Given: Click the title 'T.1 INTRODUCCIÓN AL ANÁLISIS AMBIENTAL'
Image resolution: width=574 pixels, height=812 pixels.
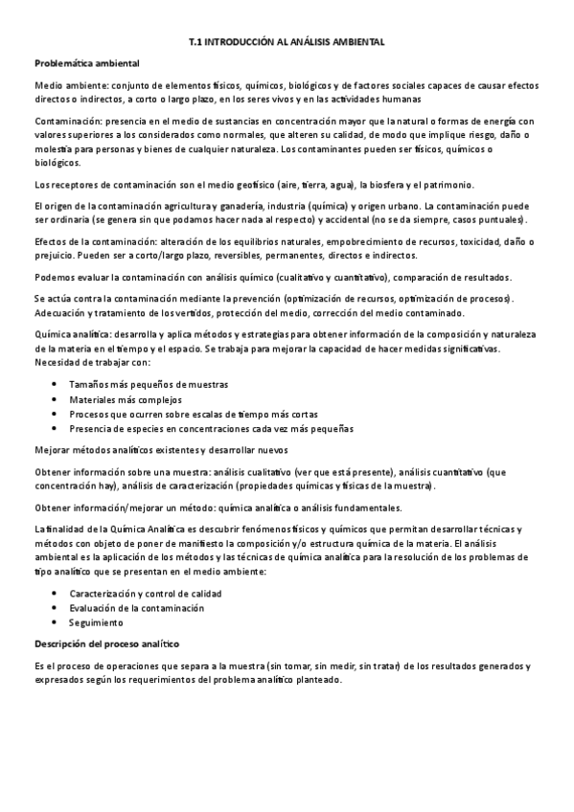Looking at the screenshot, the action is [x=287, y=42].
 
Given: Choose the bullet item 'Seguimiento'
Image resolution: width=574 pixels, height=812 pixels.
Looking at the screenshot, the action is [x=97, y=622].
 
